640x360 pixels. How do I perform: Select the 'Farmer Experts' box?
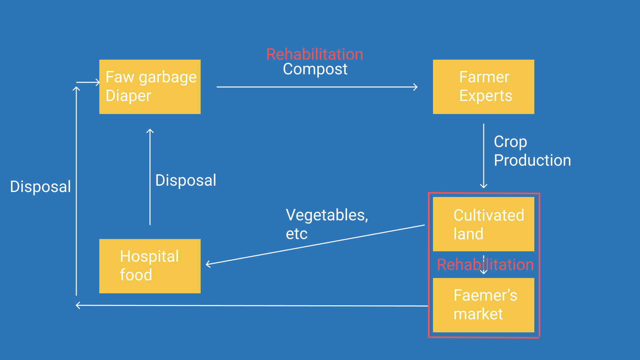coord(483,87)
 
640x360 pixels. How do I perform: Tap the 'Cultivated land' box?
coord(483,224)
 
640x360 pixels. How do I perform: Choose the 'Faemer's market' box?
coord(483,305)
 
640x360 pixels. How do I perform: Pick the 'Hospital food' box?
coord(150,266)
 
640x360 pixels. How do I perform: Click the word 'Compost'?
coord(315,69)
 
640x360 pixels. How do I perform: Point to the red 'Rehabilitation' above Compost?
coord(315,54)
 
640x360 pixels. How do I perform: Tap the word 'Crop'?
coord(510,142)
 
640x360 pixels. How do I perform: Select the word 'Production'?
coord(532,160)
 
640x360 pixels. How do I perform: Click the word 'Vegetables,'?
coord(327,215)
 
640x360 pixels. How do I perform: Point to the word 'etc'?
coord(297,234)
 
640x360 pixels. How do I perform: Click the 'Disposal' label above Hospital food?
coord(186,180)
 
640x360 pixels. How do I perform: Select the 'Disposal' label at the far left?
coord(40,187)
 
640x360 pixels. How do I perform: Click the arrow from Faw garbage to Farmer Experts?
coord(317,87)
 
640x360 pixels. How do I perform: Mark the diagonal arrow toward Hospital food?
coord(315,245)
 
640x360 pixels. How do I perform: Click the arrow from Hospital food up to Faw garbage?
coord(150,177)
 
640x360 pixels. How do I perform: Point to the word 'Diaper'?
coord(128,96)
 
